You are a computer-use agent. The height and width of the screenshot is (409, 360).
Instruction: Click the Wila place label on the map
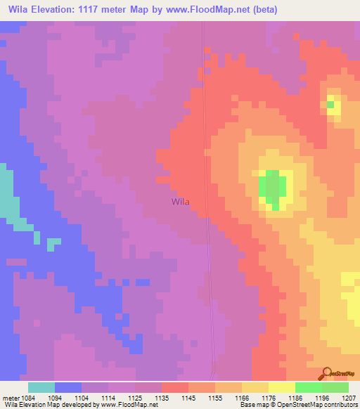click(x=180, y=202)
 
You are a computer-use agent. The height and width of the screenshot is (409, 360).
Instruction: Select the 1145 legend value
click(x=189, y=397)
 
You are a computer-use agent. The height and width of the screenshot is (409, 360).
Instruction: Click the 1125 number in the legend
click(x=136, y=397)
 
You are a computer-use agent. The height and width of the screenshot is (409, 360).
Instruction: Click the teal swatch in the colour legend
click(x=41, y=387)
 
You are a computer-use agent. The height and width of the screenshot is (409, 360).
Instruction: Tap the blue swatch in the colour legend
click(x=67, y=387)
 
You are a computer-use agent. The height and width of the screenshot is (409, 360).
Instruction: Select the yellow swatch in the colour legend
click(x=281, y=387)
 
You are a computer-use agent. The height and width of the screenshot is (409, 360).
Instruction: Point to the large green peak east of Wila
click(x=274, y=186)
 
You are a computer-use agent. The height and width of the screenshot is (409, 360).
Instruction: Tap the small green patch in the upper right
click(x=330, y=105)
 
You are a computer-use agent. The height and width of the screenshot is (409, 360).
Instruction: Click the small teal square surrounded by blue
click(x=52, y=244)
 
